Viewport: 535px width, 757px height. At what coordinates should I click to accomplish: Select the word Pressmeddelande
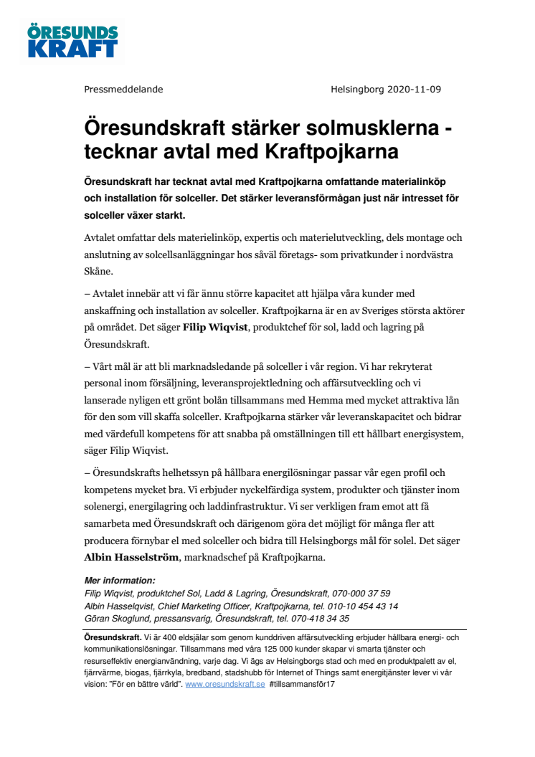[x=123, y=90]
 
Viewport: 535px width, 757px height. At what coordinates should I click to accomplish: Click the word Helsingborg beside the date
[x=357, y=90]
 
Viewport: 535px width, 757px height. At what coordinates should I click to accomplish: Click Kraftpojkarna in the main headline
[x=332, y=152]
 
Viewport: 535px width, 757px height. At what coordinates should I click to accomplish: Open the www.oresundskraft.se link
[x=225, y=685]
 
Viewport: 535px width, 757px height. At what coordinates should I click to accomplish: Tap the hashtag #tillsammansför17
[x=303, y=685]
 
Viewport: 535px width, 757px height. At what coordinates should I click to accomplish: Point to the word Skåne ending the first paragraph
[x=98, y=272]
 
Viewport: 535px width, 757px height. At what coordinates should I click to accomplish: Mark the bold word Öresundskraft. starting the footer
[x=113, y=637]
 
